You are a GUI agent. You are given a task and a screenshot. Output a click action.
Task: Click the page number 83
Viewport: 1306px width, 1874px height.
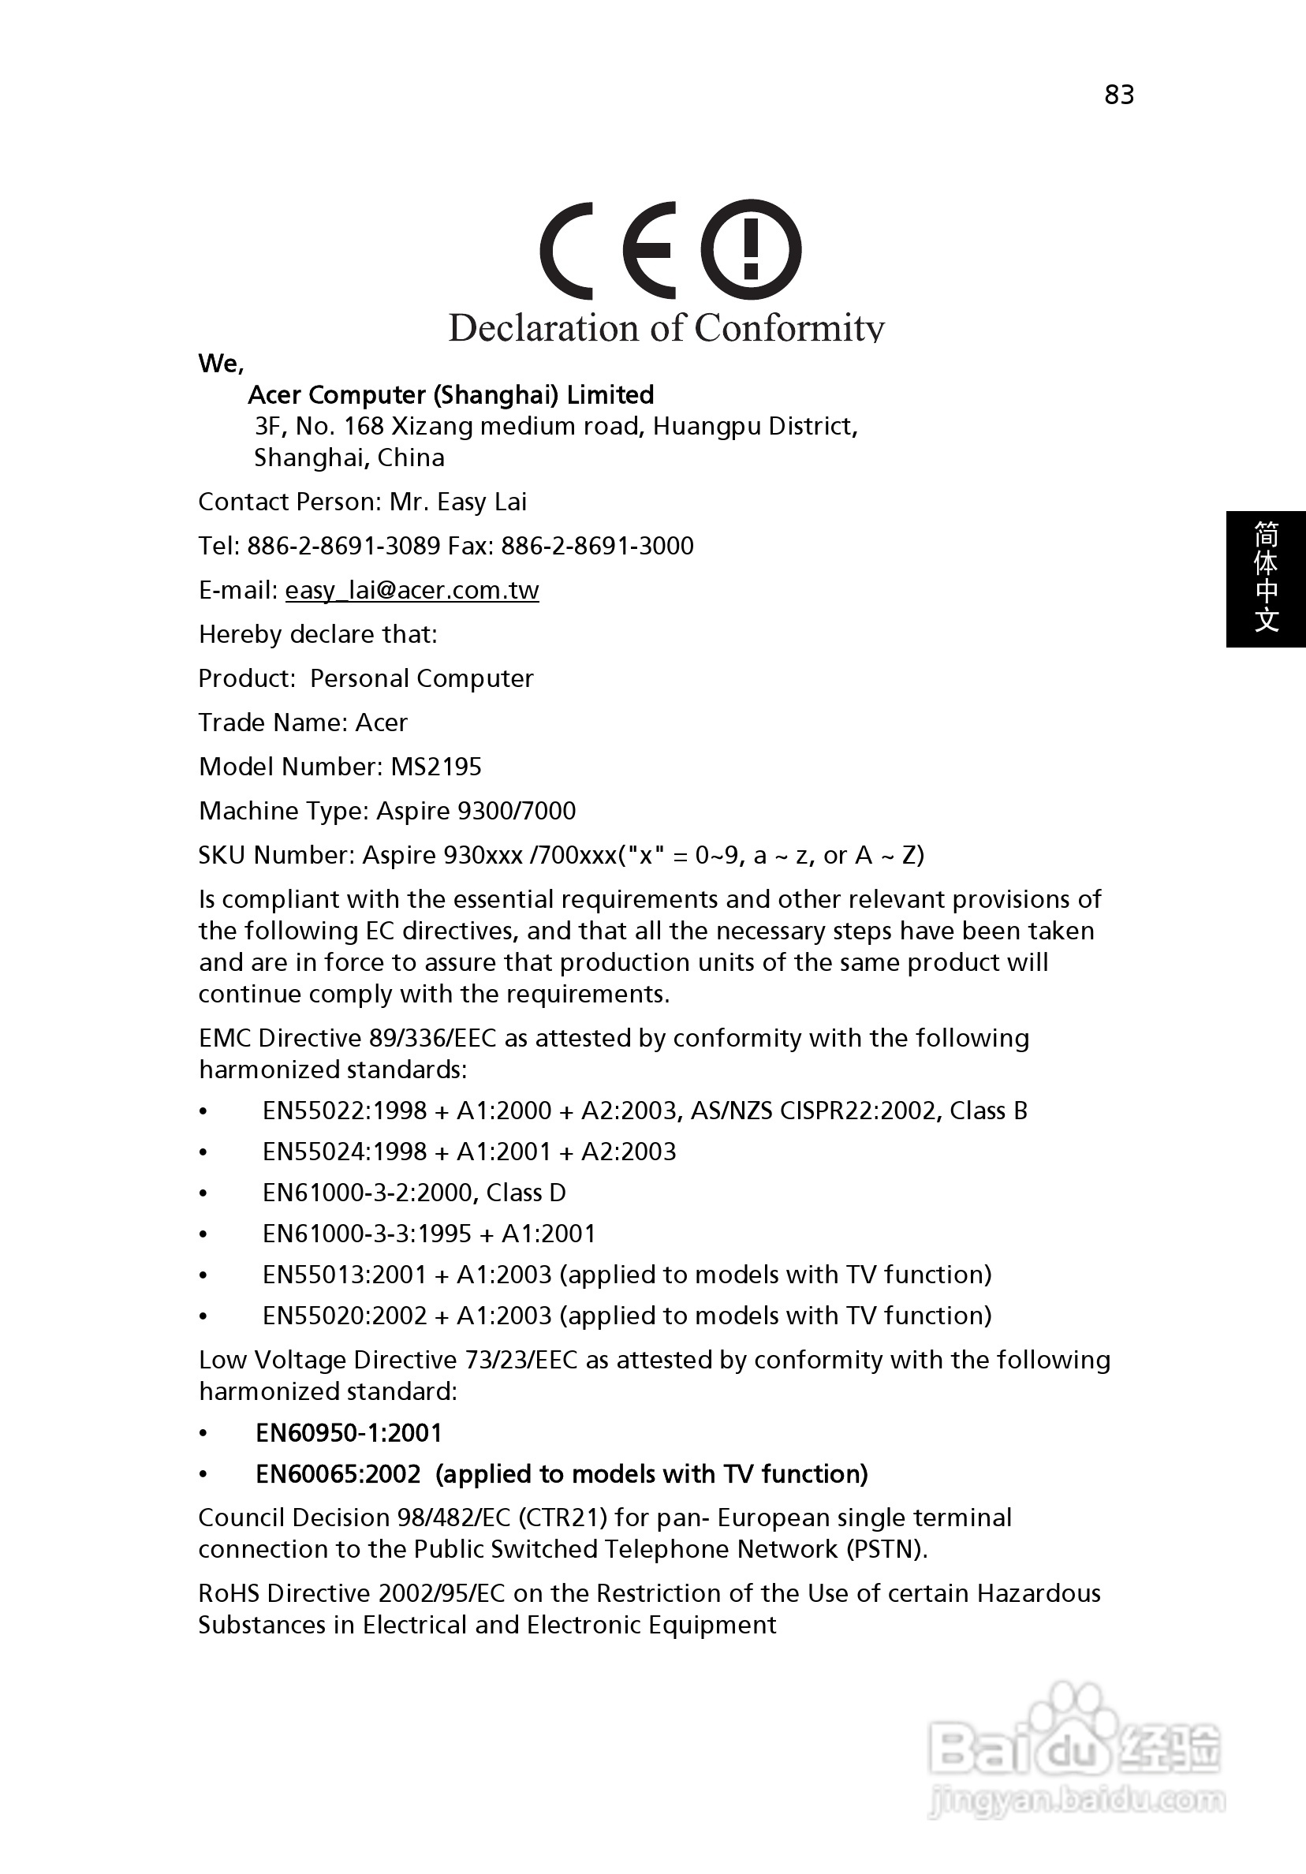coord(1119,95)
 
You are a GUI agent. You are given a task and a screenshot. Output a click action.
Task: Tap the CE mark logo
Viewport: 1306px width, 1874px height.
coord(608,250)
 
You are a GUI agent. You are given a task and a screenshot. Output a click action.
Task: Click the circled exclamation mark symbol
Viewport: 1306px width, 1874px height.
coord(751,250)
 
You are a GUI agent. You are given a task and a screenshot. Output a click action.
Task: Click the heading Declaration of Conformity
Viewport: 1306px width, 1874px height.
coord(666,328)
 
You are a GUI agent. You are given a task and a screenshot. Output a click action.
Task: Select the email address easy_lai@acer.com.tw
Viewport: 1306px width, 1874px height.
coord(412,590)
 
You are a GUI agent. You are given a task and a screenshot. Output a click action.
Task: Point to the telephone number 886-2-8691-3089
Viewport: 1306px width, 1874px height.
coord(344,546)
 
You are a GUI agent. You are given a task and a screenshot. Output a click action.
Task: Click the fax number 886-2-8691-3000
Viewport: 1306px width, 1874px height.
coord(598,546)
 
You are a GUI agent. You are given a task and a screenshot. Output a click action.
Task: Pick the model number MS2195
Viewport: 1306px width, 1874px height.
coord(436,767)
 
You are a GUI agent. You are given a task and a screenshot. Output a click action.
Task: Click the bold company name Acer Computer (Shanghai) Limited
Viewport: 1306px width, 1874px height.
coord(450,395)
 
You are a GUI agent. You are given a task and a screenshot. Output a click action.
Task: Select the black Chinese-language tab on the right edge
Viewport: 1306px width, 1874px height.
coord(1265,579)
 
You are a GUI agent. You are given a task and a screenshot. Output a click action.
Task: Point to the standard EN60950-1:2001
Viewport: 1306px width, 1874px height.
coord(349,1433)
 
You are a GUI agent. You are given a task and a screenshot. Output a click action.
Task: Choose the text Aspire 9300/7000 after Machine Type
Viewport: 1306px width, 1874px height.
coord(476,812)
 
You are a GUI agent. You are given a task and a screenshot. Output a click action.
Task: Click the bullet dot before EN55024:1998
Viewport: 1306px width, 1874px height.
coord(203,1152)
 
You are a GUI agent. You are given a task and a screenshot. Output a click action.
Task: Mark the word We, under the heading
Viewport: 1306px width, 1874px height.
coord(221,364)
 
